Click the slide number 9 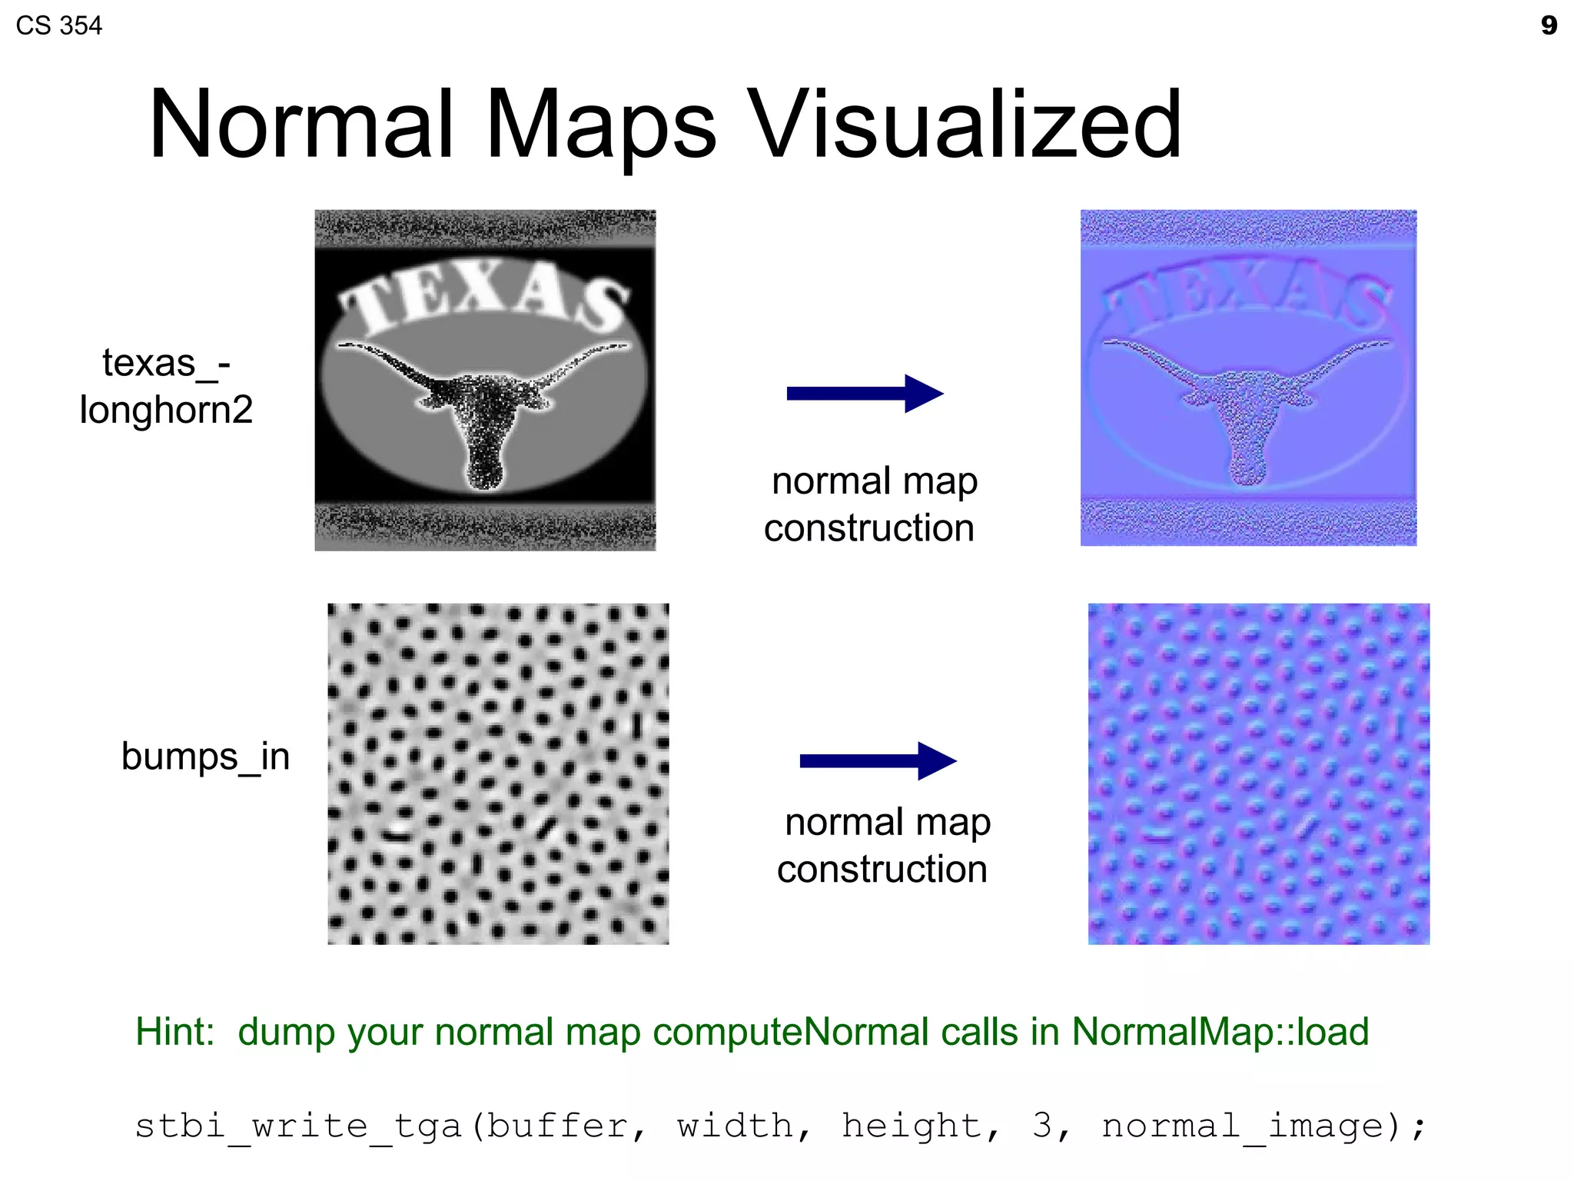[x=1549, y=25]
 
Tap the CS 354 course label [x=58, y=25]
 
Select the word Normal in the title [x=300, y=125]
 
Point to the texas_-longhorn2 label [x=166, y=386]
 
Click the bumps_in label [x=205, y=757]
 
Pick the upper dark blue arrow [x=864, y=394]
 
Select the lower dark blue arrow [x=877, y=761]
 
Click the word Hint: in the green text [x=174, y=1032]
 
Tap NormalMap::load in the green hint [x=1220, y=1032]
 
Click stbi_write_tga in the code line [x=298, y=1126]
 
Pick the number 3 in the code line [x=1042, y=1126]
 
